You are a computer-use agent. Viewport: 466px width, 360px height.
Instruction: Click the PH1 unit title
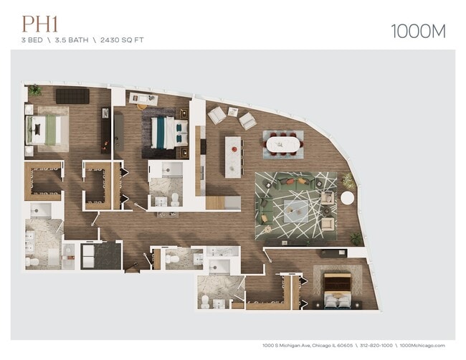point(40,24)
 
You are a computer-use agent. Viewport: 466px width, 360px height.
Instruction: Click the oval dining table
point(283,143)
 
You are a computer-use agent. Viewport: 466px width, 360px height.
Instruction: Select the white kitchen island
point(233,156)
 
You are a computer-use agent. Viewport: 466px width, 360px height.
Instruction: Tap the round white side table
point(347,198)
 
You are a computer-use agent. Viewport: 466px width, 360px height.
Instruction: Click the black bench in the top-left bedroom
point(72,95)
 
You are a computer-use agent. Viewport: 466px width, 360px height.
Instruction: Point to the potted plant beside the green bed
point(34,90)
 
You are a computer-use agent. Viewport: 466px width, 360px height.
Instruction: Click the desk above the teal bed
point(143,100)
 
